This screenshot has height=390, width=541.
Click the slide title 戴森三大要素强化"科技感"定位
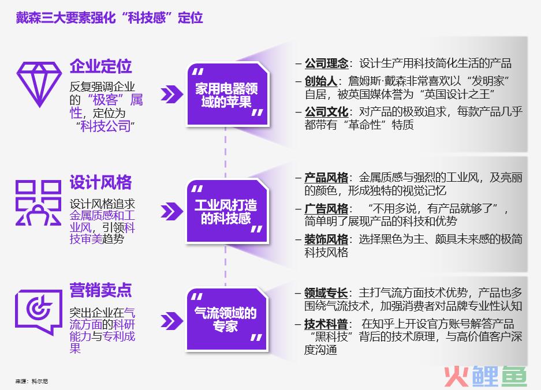(109, 17)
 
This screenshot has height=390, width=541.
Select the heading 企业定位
(100, 66)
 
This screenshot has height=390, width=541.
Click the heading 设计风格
(100, 182)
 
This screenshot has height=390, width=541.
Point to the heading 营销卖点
(100, 290)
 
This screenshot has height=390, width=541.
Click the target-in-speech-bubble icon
(39, 312)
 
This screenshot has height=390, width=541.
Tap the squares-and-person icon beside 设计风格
(38, 202)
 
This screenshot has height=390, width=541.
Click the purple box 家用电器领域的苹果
(227, 95)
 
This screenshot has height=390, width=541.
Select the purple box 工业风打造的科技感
(227, 211)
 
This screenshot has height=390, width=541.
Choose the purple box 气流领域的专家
(227, 319)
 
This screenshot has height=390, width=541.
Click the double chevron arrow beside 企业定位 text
(172, 95)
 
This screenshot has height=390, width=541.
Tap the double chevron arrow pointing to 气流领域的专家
(172, 321)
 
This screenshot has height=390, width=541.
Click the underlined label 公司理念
(326, 63)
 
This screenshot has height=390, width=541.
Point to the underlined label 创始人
(321, 81)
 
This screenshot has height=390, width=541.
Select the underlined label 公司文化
(326, 112)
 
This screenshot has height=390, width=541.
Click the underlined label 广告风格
(326, 209)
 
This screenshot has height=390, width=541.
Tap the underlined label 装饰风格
(326, 239)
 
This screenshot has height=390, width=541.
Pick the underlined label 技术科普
(326, 324)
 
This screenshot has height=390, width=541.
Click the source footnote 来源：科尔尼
(32, 381)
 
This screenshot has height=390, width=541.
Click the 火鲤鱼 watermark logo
(486, 377)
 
